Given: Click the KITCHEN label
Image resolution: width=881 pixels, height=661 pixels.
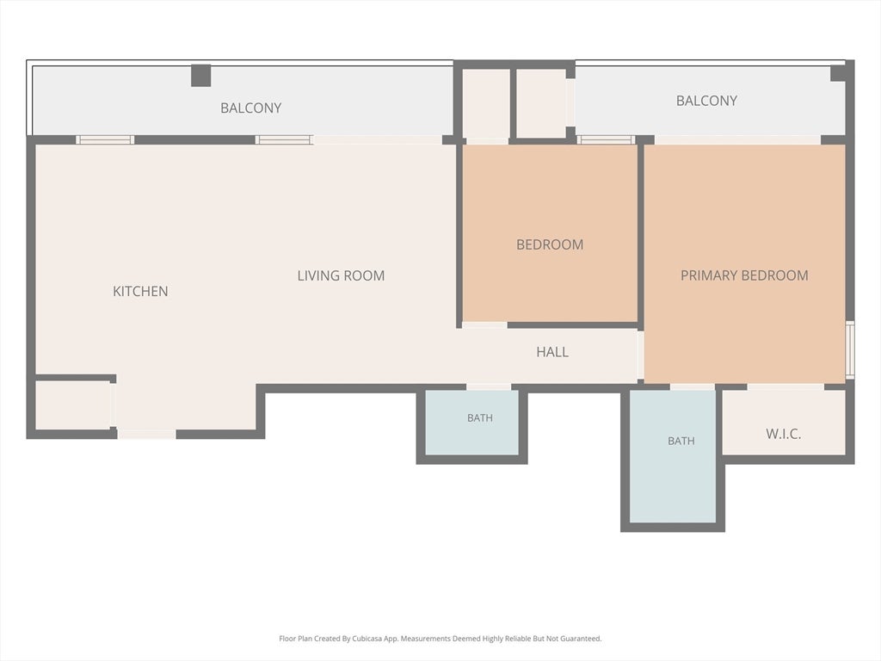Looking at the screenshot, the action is pyautogui.click(x=140, y=291).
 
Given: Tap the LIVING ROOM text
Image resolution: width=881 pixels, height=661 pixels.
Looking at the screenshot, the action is pyautogui.click(x=341, y=275).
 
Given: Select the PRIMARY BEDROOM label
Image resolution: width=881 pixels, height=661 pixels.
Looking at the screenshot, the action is pyautogui.click(x=744, y=275).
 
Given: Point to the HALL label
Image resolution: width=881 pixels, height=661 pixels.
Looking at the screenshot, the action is pyautogui.click(x=552, y=352).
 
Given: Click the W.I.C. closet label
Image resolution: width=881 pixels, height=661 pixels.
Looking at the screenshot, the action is pyautogui.click(x=783, y=434).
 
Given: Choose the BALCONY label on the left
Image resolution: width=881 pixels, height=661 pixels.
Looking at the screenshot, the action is pyautogui.click(x=250, y=108).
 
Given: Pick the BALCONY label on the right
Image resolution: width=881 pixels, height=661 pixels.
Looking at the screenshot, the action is pyautogui.click(x=706, y=101).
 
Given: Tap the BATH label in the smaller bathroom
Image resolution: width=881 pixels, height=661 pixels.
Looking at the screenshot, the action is pyautogui.click(x=480, y=418).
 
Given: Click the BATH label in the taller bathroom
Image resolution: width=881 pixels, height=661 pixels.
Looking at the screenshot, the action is pyautogui.click(x=681, y=442).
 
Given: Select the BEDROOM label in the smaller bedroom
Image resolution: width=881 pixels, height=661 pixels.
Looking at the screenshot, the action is pyautogui.click(x=550, y=244).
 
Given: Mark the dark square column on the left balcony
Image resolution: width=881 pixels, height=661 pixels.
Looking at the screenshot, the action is pyautogui.click(x=200, y=76).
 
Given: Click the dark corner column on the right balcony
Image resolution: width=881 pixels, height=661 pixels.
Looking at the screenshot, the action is pyautogui.click(x=839, y=72).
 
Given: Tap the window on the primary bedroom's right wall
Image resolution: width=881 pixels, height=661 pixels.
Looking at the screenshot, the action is pyautogui.click(x=850, y=349).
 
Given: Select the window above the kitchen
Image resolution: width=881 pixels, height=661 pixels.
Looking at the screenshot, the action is pyautogui.click(x=105, y=140).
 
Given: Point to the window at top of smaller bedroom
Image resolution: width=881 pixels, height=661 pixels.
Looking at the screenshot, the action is pyautogui.click(x=606, y=140).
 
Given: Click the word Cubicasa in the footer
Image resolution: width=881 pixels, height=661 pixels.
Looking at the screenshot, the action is pyautogui.click(x=365, y=639).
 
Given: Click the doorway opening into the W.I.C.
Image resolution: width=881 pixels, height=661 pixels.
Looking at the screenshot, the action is pyautogui.click(x=785, y=386).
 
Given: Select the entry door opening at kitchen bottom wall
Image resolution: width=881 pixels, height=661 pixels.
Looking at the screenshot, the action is pyautogui.click(x=146, y=434).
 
